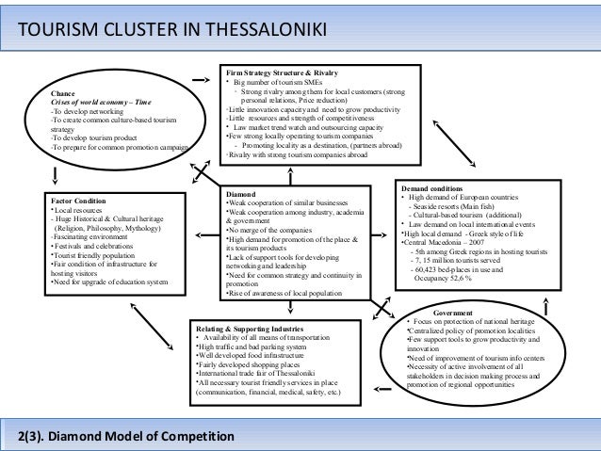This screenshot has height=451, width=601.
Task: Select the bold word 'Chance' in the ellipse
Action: pos(62,93)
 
